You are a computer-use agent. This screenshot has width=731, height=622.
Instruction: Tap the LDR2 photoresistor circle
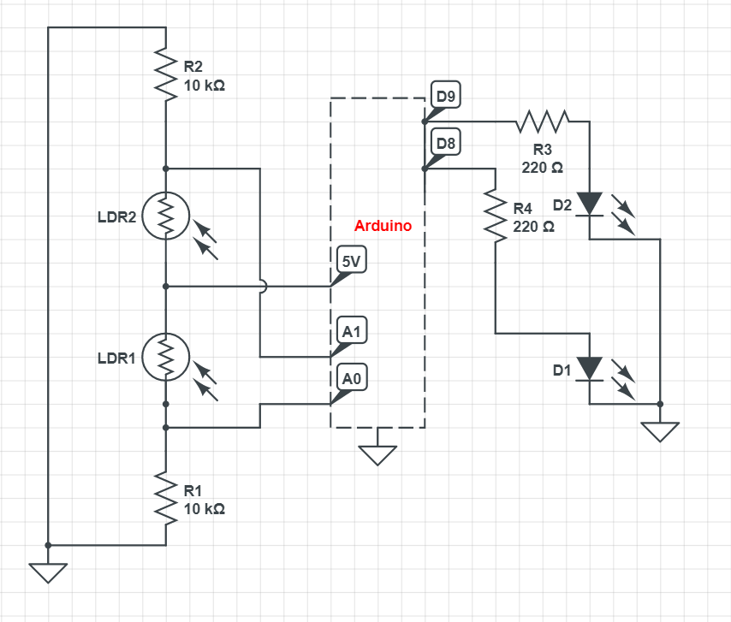[165, 216]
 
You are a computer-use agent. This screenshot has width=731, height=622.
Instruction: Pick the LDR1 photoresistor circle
[165, 357]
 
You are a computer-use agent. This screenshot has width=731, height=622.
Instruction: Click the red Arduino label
[383, 227]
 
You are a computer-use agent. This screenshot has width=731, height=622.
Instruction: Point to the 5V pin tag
[350, 263]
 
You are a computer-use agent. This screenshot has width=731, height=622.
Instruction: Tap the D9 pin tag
[445, 97]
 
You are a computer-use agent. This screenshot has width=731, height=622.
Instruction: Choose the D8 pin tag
[445, 143]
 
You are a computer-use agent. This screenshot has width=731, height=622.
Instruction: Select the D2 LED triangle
[589, 204]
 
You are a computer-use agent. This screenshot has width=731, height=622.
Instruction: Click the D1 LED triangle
[589, 369]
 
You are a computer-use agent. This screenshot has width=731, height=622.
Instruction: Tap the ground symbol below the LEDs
[659, 429]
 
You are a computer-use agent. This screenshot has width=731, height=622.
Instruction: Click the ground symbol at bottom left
[48, 571]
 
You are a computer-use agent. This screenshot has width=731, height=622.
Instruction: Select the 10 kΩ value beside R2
[205, 86]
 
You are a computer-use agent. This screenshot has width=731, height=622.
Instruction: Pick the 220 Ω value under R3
[543, 168]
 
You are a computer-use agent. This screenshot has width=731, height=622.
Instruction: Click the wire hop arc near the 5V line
[260, 286]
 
